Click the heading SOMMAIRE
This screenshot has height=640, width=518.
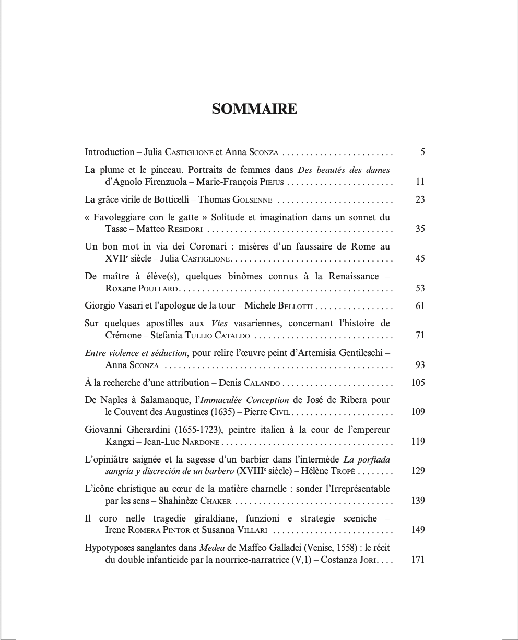(x=254, y=109)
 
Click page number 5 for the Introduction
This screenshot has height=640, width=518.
(x=422, y=152)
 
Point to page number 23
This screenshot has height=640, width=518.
(x=420, y=199)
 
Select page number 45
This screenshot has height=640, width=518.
(x=420, y=258)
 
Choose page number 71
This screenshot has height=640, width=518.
(x=420, y=335)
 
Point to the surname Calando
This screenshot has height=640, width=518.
(x=263, y=383)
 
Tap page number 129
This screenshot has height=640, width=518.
(x=418, y=471)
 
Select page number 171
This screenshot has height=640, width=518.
(x=418, y=560)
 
